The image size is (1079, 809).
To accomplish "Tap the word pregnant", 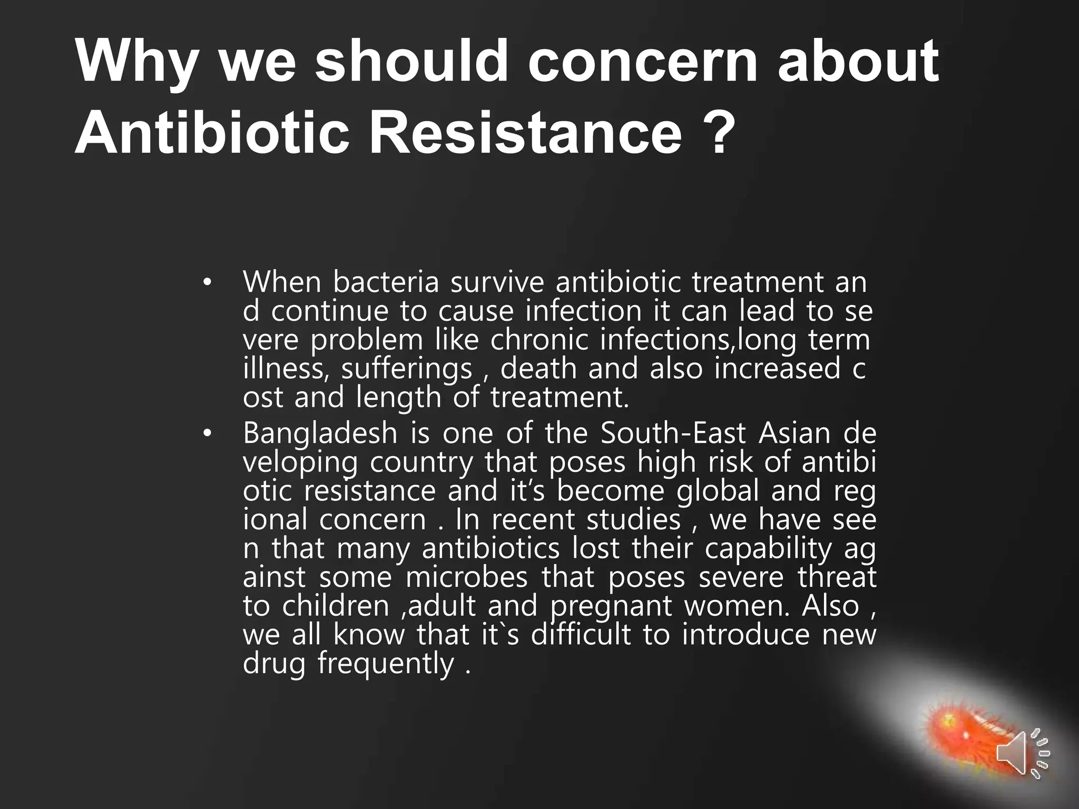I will tap(611, 606).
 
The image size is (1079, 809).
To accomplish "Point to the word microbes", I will tap(466, 578).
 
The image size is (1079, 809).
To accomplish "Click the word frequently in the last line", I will tap(385, 664).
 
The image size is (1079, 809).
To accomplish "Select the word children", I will tap(335, 606).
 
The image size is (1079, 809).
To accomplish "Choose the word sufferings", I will tap(406, 369).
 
